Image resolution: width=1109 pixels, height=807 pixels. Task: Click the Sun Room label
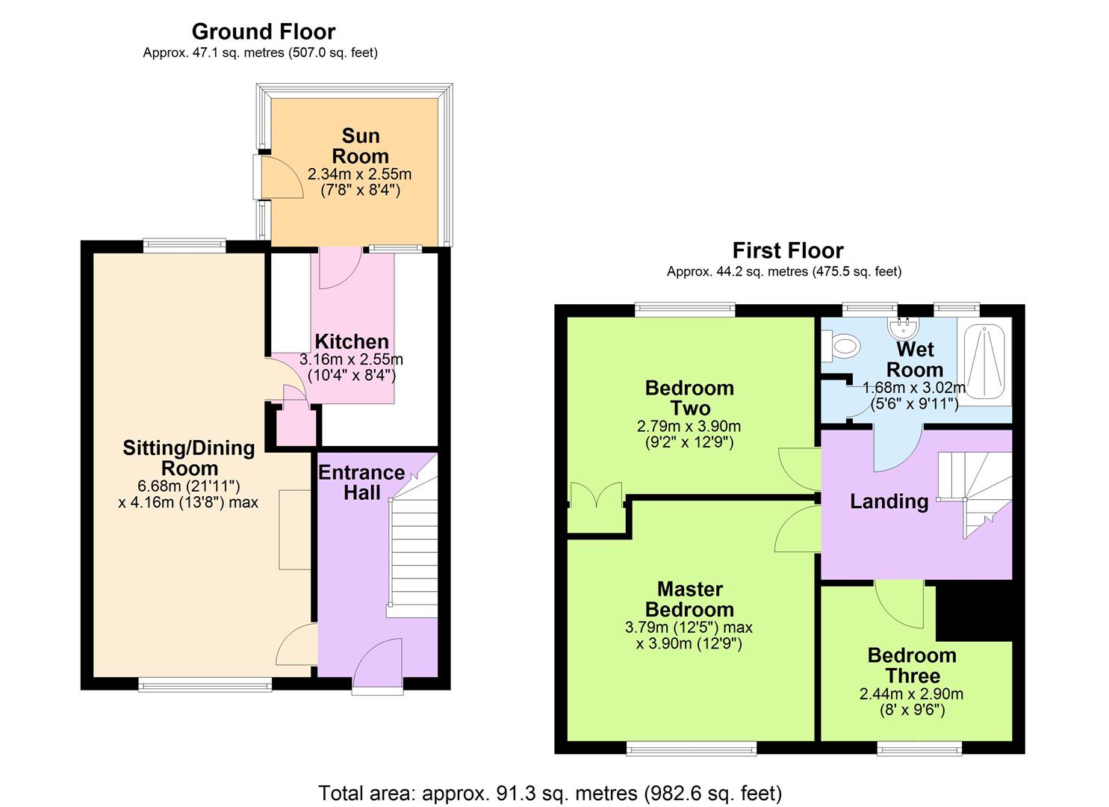360,146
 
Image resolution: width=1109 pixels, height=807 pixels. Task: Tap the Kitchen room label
351,342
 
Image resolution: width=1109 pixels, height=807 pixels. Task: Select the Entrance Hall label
361,483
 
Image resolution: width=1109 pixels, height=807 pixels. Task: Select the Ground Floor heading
263,31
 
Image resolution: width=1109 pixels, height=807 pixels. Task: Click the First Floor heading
787,250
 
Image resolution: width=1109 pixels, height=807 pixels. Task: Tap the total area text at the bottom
550,793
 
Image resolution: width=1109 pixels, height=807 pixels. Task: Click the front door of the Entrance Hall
378,665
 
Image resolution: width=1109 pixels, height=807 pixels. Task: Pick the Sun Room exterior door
278,178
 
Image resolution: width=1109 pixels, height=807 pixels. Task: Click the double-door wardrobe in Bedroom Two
596,508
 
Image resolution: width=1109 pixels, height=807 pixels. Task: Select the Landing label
889,501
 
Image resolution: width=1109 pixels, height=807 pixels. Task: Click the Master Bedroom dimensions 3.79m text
689,628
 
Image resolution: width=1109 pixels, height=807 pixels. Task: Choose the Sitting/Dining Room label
189,458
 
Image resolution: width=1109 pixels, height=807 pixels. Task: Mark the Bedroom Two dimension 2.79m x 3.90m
689,427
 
